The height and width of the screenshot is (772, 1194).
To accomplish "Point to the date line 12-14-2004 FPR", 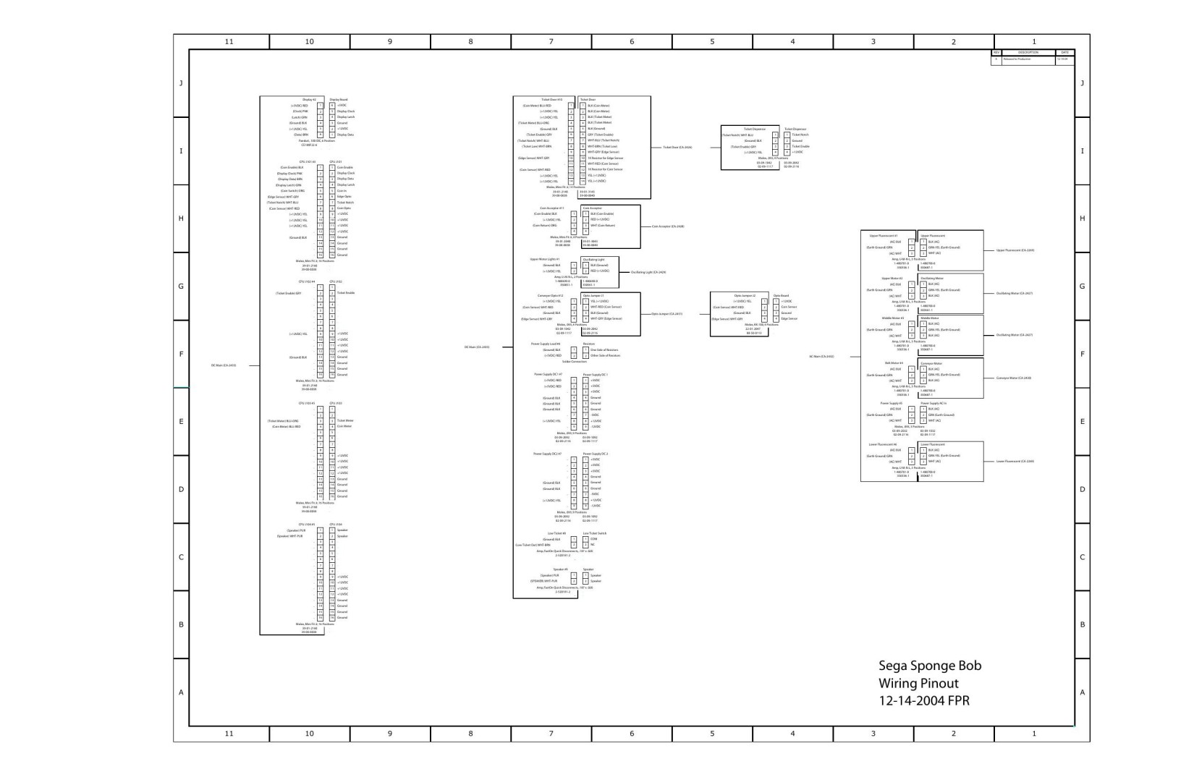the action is [x=924, y=700].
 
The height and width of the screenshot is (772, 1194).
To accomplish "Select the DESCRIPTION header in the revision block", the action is [x=1028, y=52].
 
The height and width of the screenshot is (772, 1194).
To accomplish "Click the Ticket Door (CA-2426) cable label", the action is [x=677, y=147].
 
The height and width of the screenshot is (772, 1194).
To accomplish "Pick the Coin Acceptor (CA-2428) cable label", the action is [x=668, y=226].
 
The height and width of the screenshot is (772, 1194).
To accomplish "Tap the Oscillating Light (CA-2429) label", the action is [x=648, y=272].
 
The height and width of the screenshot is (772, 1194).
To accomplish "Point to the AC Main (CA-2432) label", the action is [x=821, y=357].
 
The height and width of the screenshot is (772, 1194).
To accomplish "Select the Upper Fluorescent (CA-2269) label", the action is [x=1015, y=250].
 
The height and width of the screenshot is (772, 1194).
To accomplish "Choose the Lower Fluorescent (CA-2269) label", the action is [x=1015, y=461].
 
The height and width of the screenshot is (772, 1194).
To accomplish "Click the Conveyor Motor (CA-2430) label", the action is [x=1014, y=378].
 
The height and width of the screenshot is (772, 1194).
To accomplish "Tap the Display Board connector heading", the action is [x=339, y=99].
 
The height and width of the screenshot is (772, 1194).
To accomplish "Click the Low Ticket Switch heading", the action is [x=595, y=533].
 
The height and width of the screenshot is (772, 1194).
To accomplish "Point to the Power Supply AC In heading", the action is [x=933, y=403].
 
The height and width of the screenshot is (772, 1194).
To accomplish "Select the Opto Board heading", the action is [x=781, y=295].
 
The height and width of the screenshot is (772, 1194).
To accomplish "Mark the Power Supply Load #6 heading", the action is [x=546, y=344].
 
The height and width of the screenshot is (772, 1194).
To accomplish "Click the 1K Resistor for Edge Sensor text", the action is [x=605, y=158].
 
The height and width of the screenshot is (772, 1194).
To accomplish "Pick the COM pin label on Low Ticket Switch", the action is [x=593, y=539].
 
